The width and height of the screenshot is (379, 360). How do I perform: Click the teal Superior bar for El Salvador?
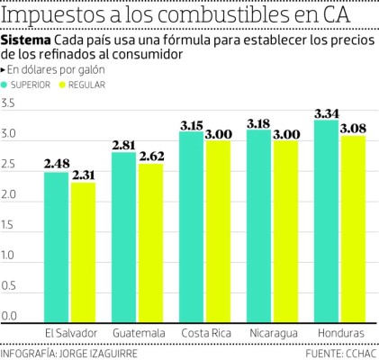click(56, 247)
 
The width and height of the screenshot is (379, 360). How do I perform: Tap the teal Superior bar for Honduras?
click(326, 220)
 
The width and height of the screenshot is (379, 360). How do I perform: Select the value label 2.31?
click(84, 175)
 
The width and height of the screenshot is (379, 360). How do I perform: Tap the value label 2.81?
click(123, 145)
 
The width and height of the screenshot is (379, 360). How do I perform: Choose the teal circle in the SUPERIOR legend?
click(12, 85)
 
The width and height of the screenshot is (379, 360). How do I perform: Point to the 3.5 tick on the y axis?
click(10, 104)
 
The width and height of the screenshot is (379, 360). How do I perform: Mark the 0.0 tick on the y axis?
click(10, 317)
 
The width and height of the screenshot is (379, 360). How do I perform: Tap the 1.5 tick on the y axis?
click(10, 226)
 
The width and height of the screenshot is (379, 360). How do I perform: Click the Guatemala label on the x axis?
click(137, 334)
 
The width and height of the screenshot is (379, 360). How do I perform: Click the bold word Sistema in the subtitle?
click(26, 41)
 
